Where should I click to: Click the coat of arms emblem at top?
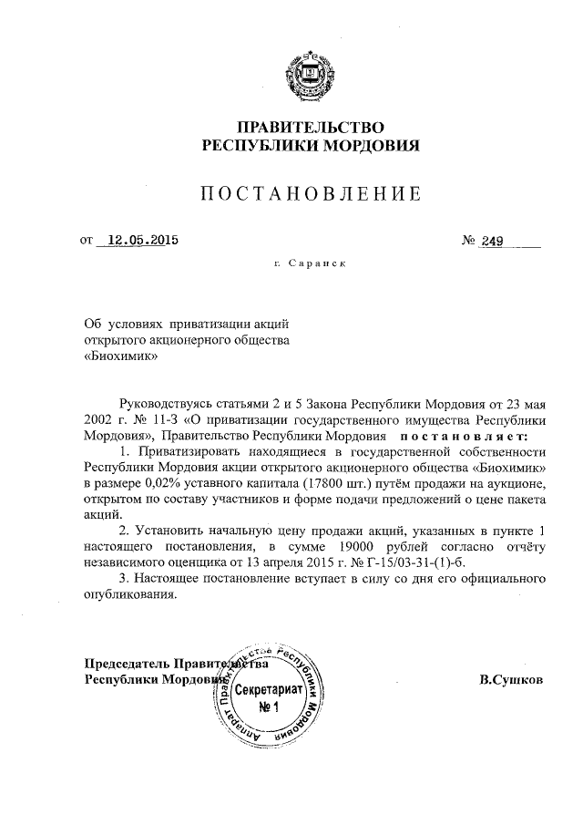311,73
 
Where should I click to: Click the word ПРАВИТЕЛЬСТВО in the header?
311,126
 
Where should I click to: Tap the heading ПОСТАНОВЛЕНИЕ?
311,193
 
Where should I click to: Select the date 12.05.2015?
141,242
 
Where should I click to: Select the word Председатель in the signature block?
127,664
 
